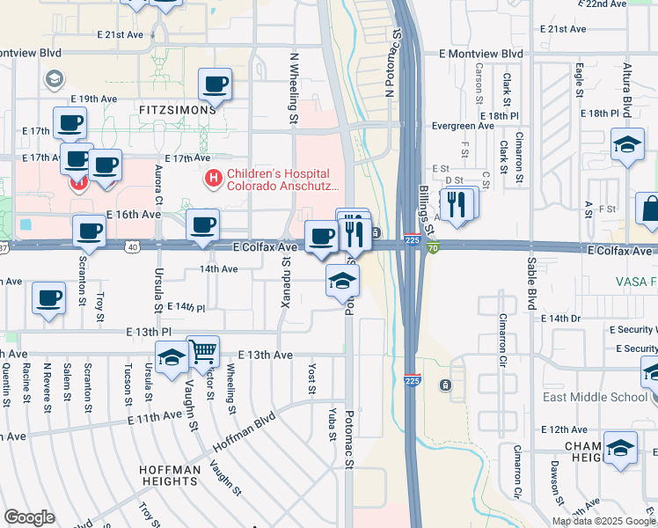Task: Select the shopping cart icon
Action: (203, 351)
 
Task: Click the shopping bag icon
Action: (650, 209)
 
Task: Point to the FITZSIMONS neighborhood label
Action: (177, 110)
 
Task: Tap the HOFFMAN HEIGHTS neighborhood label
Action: (168, 475)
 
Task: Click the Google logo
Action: (29, 517)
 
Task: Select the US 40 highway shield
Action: (132, 248)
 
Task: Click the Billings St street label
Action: (428, 211)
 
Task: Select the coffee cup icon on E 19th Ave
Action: (215, 84)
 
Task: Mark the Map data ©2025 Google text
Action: (603, 521)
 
